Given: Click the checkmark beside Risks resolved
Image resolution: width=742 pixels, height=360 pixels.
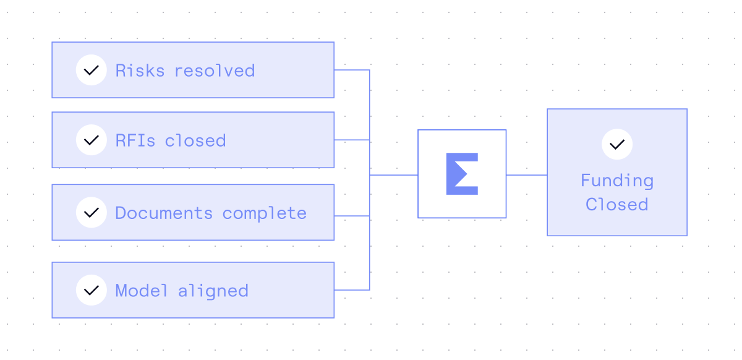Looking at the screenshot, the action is [x=92, y=70].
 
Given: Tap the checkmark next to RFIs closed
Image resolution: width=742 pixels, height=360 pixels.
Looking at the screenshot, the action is [x=92, y=140].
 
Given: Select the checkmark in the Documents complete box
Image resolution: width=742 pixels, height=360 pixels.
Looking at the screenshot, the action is [x=92, y=212].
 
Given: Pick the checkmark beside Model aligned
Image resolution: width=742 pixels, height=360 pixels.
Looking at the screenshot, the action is [x=92, y=290].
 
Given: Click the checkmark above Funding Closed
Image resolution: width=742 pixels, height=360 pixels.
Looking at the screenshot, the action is [x=616, y=145].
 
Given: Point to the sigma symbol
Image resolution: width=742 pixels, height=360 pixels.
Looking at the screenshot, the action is [x=462, y=174].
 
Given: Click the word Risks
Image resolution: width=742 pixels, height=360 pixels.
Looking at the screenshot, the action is [x=140, y=71].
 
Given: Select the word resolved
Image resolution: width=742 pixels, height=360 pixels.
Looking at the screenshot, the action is [x=215, y=71].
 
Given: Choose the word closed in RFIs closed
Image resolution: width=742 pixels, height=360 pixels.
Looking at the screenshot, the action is [x=195, y=140].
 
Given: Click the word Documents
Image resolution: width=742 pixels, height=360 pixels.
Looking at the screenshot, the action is [x=164, y=213].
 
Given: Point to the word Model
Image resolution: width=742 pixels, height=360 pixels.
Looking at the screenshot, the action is [x=142, y=291].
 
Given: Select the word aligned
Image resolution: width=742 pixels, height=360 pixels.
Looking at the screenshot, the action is [x=213, y=291].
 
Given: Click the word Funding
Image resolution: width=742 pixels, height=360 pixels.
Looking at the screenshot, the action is [x=616, y=181].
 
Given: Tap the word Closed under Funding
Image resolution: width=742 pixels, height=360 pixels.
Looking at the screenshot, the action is [x=616, y=204].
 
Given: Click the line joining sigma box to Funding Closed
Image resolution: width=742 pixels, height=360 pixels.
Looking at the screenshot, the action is [x=526, y=175].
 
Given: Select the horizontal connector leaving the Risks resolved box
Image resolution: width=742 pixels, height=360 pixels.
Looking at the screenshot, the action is [x=351, y=70].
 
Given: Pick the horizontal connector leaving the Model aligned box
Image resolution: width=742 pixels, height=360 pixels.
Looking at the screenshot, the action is [x=351, y=289].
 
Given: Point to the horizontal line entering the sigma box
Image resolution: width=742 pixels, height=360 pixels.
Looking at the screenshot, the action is [x=394, y=175].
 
